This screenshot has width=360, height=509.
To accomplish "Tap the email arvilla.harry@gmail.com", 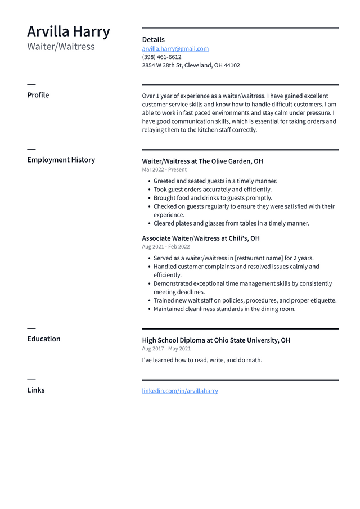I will pyautogui.click(x=175, y=49).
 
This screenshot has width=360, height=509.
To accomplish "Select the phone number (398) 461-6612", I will pyautogui.click(x=161, y=57).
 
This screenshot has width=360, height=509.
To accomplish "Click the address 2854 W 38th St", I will pyautogui.click(x=191, y=65).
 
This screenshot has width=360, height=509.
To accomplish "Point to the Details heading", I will pyautogui.click(x=153, y=39).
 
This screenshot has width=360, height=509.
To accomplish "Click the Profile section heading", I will pyautogui.click(x=38, y=95).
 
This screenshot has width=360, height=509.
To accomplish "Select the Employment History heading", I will pyautogui.click(x=61, y=160).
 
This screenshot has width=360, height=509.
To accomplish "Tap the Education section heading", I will pyautogui.click(x=44, y=339).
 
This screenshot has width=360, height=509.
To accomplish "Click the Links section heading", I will pyautogui.click(x=36, y=390).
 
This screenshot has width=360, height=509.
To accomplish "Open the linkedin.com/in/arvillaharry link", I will pyautogui.click(x=180, y=391).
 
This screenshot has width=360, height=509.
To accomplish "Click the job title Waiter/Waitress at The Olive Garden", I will pyautogui.click(x=202, y=161).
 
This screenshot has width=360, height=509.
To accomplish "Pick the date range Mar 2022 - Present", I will pyautogui.click(x=164, y=169).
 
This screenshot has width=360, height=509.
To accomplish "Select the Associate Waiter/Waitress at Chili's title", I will pyautogui.click(x=200, y=238).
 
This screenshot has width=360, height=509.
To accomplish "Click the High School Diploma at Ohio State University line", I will pyautogui.click(x=216, y=340).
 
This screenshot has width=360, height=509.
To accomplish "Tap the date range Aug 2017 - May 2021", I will pyautogui.click(x=166, y=349).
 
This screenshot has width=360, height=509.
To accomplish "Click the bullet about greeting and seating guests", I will pyautogui.click(x=215, y=181).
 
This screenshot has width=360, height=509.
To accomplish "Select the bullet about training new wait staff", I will pyautogui.click(x=245, y=300).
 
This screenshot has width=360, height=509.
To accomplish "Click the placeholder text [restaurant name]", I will pyautogui.click(x=259, y=258).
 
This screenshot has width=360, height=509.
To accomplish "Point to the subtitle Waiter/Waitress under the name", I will pyautogui.click(x=61, y=47).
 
